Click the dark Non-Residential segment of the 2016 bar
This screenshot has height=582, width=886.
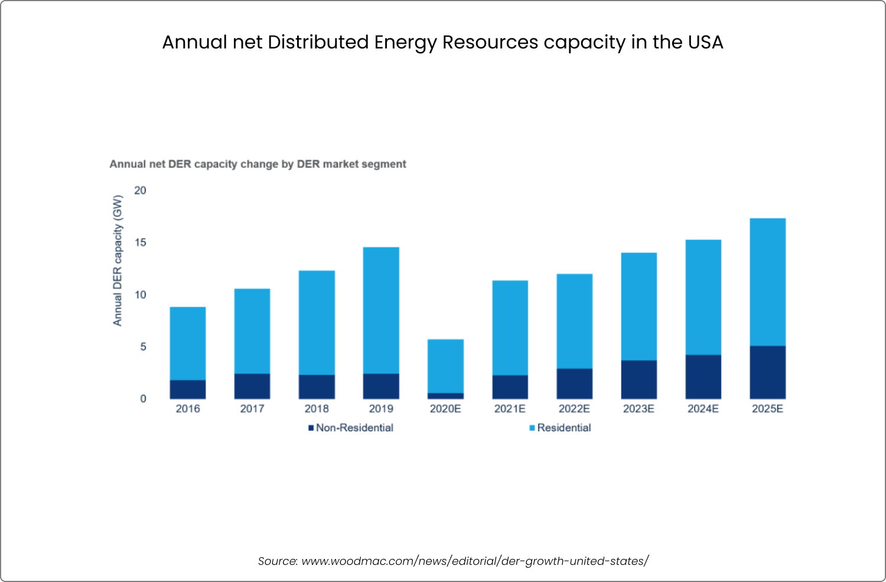pos(188,389)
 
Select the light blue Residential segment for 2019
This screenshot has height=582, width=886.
pos(381,310)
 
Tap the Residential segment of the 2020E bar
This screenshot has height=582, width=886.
pos(445,366)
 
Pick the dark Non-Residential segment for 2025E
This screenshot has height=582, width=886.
pos(767,372)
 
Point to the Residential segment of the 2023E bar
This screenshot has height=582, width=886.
pos(639,306)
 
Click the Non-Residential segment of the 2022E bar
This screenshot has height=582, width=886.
pos(574,383)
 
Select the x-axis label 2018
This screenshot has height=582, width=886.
pos(317,409)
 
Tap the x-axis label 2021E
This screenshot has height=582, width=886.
pos(510,409)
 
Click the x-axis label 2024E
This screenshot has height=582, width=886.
pos(703,409)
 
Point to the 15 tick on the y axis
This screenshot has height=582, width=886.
pos(140,243)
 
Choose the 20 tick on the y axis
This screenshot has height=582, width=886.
pos(140,190)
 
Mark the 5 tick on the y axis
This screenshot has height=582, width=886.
pos(143,347)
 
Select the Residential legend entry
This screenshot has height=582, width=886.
pos(563,428)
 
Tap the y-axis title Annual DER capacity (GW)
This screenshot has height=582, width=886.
pos(118,260)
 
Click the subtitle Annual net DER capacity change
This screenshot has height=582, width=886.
pos(258,164)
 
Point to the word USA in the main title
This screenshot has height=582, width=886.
pos(705,43)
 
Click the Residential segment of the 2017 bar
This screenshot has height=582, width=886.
pos(252,331)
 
